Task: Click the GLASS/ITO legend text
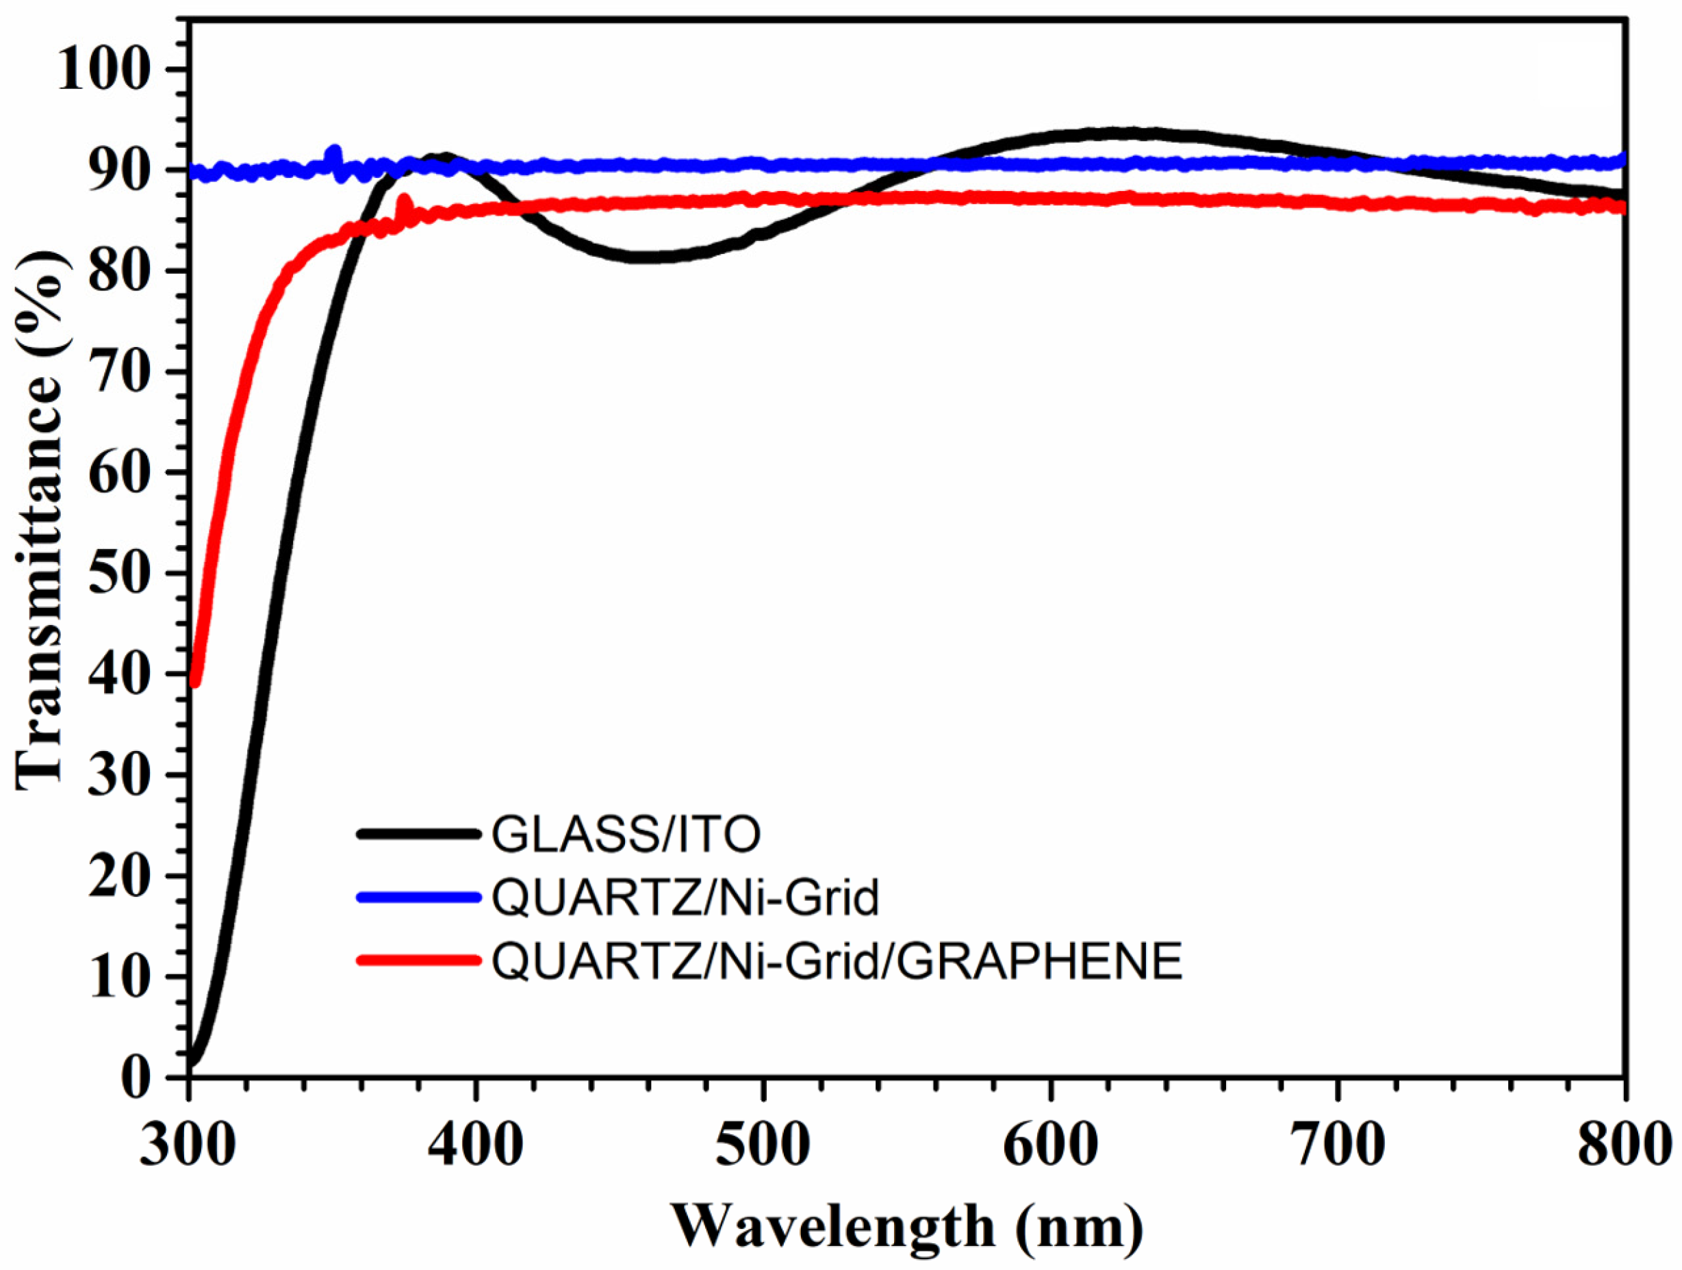pos(626,835)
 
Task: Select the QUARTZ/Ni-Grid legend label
pos(685,898)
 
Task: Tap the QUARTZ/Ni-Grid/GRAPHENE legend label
pos(837,961)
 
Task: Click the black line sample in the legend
pos(419,835)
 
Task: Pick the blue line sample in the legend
pos(419,898)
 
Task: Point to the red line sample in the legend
pos(419,961)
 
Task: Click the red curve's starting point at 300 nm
pos(194,681)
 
